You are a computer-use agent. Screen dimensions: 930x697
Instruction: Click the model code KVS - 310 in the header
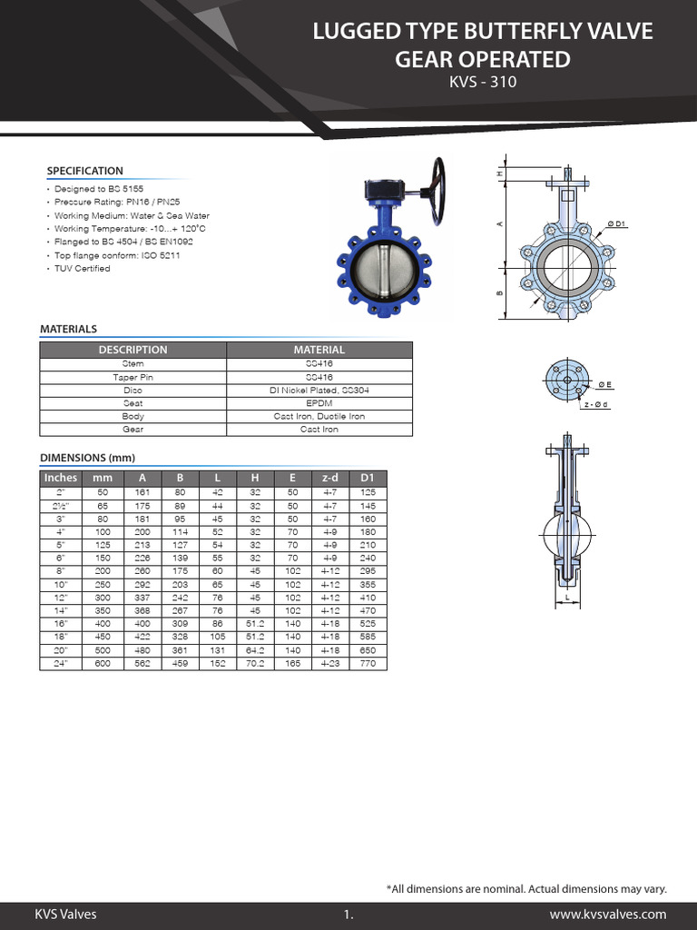click(x=482, y=84)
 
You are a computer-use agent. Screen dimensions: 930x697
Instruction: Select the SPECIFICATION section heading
click(x=84, y=171)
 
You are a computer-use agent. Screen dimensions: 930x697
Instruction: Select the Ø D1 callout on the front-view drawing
click(x=616, y=223)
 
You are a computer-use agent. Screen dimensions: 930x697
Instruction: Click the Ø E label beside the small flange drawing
click(x=604, y=384)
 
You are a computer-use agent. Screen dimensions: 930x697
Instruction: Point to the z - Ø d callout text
click(x=596, y=404)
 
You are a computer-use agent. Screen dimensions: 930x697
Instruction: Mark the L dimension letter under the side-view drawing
click(x=567, y=599)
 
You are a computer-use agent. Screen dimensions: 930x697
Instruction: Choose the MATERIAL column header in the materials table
click(x=319, y=350)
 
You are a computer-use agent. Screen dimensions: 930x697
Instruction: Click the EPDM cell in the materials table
click(x=319, y=402)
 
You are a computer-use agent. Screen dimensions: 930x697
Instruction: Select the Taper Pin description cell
click(x=133, y=376)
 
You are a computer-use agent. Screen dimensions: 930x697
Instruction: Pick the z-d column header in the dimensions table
click(x=330, y=478)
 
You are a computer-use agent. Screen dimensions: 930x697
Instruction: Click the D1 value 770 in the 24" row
click(x=368, y=664)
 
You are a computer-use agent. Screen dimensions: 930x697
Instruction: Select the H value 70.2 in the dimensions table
click(x=255, y=664)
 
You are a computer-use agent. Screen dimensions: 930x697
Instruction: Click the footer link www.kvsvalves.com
click(x=608, y=915)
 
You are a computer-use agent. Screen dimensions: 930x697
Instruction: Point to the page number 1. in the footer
click(x=348, y=915)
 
